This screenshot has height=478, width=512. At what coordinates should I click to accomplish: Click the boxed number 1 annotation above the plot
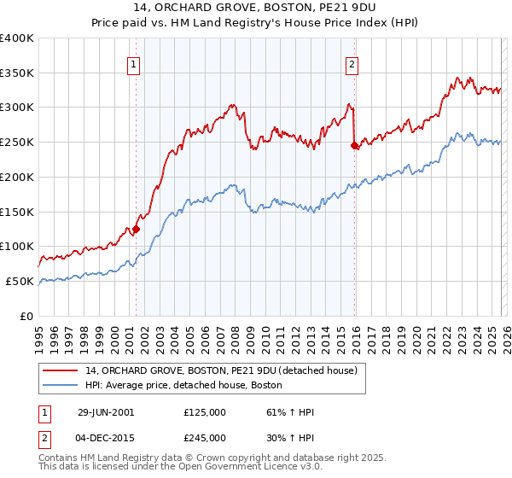pyautogui.click(x=135, y=62)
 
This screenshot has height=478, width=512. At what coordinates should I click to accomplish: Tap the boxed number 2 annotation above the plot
pyautogui.click(x=352, y=62)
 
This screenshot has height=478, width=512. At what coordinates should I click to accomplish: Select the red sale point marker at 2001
pyautogui.click(x=136, y=229)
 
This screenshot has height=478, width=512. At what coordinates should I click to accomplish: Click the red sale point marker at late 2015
pyautogui.click(x=354, y=145)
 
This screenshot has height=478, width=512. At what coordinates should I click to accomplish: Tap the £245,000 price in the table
pyautogui.click(x=205, y=437)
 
